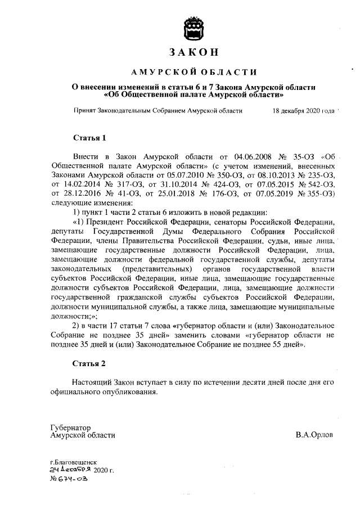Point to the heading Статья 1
(89, 138)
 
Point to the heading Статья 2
(89, 364)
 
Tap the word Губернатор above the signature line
(70, 427)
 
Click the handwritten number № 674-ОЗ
(68, 479)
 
